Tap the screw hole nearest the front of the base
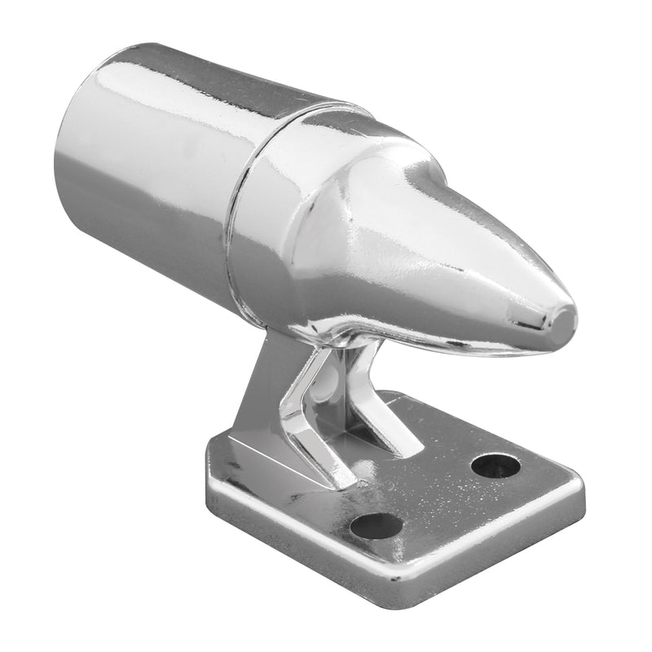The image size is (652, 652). click(377, 525)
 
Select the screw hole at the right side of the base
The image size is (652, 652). click(496, 465)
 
